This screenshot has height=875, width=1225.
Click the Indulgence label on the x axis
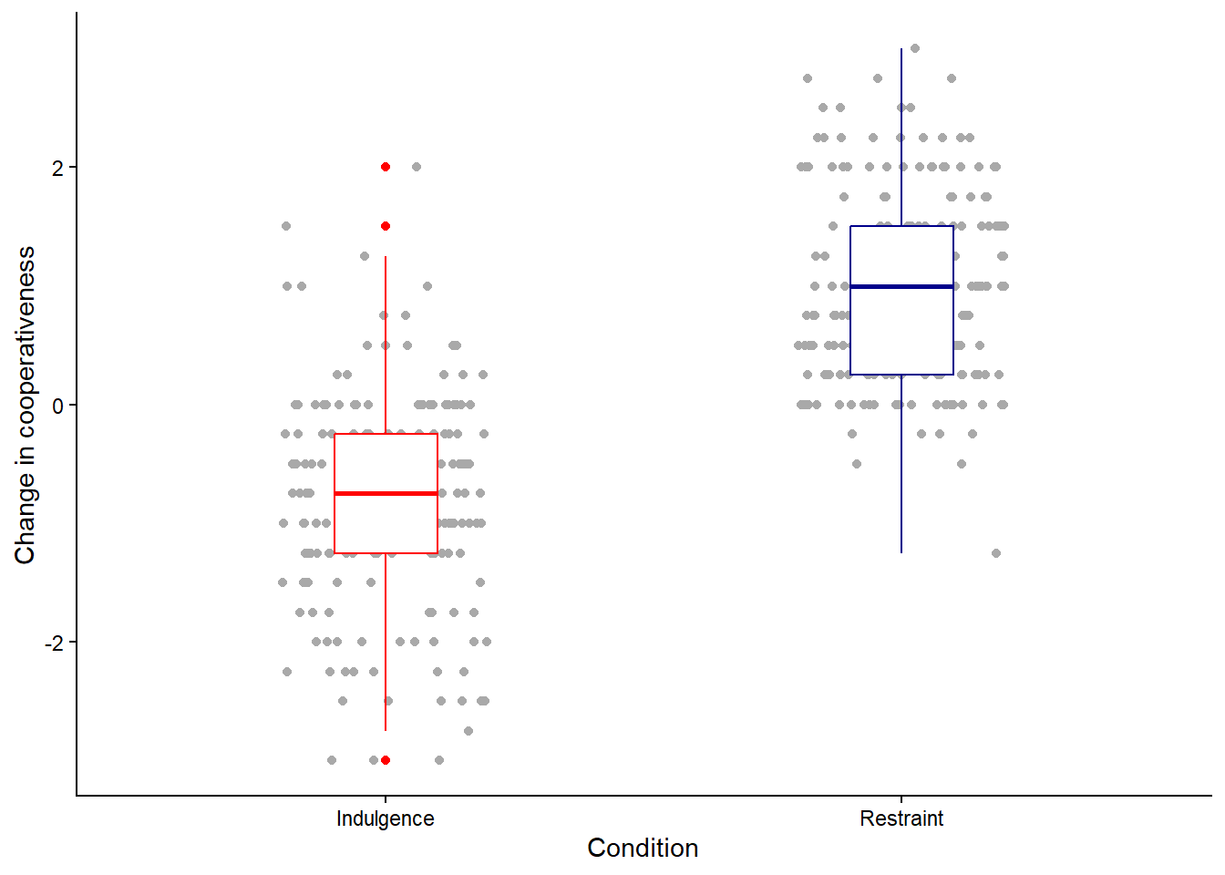point(385,818)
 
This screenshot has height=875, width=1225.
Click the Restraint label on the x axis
point(901,818)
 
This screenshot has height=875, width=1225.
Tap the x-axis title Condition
point(643,848)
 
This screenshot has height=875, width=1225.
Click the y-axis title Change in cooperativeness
point(26,405)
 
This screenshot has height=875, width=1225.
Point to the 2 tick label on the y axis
point(57,168)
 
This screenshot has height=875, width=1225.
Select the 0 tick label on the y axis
point(57,405)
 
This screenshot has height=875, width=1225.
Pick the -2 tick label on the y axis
point(54,643)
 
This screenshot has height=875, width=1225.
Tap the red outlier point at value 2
point(386,167)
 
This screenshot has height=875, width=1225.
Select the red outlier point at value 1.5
point(386,226)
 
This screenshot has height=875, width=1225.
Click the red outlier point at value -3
point(386,760)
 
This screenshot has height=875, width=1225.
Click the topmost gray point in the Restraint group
point(915,48)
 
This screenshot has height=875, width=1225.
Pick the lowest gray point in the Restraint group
point(996,553)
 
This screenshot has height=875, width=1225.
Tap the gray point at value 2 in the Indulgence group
point(417,167)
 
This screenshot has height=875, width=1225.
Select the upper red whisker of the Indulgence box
point(386,346)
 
